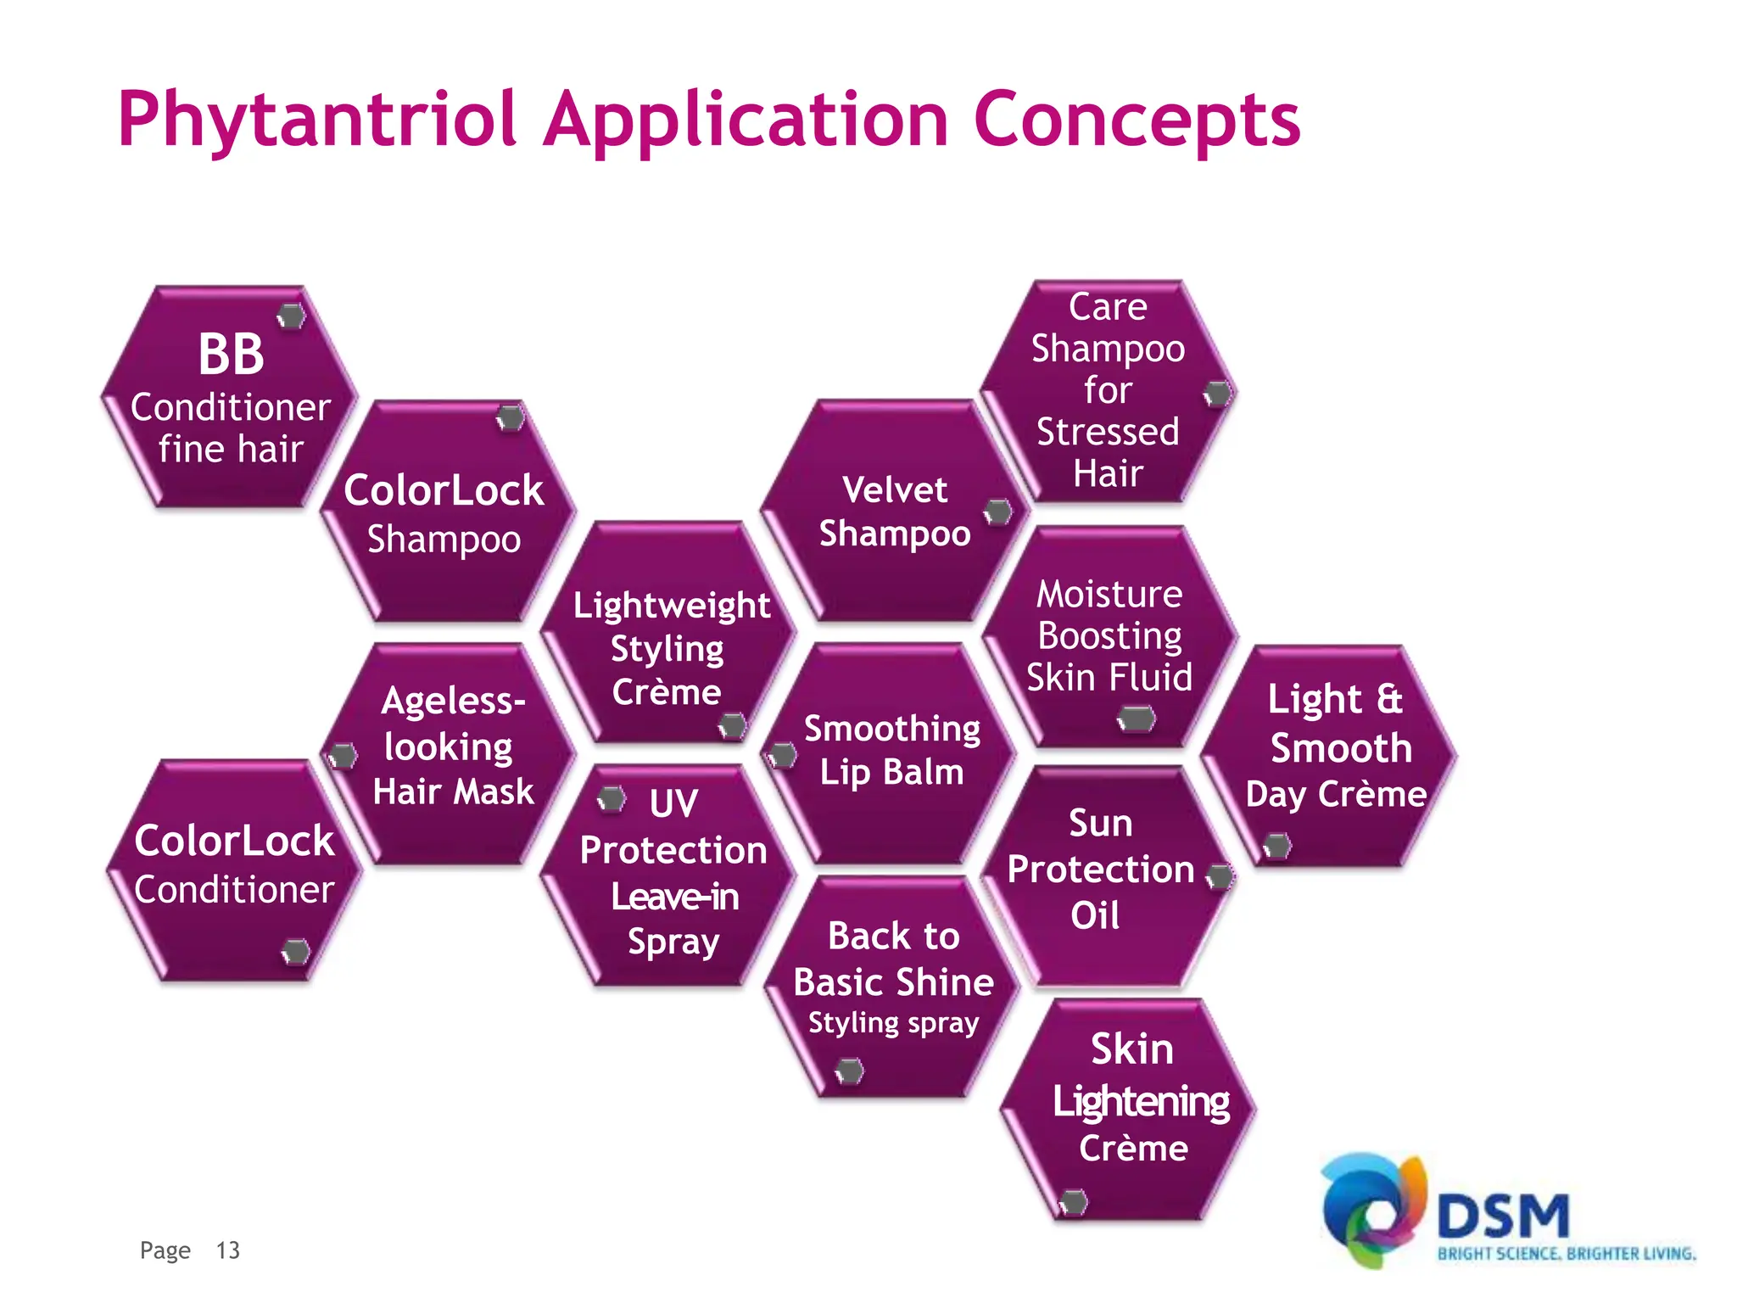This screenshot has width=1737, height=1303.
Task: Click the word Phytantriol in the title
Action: [x=316, y=121]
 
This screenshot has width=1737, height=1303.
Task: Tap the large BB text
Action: [x=231, y=355]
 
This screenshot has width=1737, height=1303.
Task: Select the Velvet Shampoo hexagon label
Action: [x=895, y=512]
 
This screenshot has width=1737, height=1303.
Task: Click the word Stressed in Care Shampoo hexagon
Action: [x=1108, y=432]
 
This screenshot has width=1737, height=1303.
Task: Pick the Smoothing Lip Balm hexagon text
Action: [x=892, y=750]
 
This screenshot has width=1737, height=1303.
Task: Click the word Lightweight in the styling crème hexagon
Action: [x=672, y=606]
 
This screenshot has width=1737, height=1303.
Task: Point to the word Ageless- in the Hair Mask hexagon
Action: [x=453, y=702]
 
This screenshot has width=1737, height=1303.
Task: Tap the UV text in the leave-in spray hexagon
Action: [x=673, y=803]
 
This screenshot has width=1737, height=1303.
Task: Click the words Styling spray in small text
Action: [x=893, y=1023]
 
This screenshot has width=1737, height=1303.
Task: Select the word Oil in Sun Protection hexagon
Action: [x=1095, y=916]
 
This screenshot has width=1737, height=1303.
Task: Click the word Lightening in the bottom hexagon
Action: [x=1141, y=1102]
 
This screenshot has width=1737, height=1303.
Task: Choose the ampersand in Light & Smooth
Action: [x=1388, y=699]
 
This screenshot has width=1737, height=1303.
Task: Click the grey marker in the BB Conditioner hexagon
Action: [x=292, y=316]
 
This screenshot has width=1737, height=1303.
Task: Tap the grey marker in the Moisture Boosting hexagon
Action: [x=1137, y=719]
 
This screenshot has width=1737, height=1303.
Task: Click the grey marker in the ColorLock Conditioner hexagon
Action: [x=296, y=952]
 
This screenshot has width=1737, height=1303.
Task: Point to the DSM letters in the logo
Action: [x=1503, y=1216]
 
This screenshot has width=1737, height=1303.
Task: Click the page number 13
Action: [x=227, y=1250]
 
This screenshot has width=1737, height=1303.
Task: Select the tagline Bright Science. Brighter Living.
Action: [x=1566, y=1254]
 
